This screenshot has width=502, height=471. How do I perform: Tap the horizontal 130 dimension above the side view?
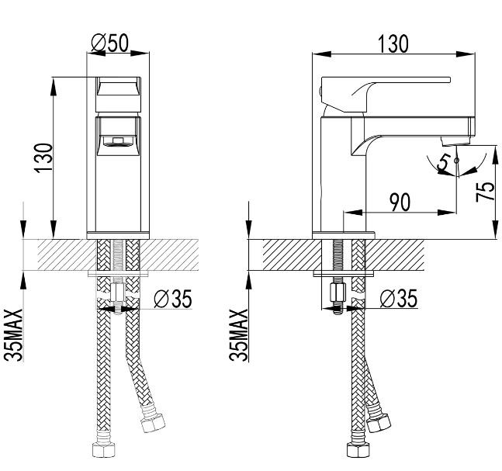coord(393,43)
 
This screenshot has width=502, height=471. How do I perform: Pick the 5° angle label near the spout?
coord(445,162)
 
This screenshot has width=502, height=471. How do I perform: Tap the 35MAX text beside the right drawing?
coord(241,335)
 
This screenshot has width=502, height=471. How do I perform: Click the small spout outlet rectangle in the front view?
coord(119,141)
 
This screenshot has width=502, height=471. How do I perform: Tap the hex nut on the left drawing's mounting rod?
coord(117,294)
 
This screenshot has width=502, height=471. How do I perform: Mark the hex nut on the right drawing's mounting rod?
coord(339,294)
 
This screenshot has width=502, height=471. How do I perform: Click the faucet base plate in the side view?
coord(342,234)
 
